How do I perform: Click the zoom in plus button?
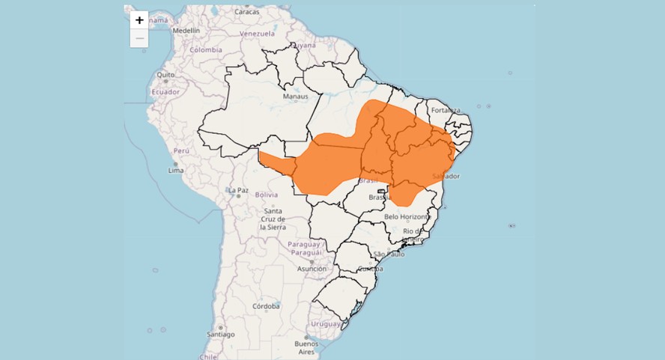(x=139, y=20)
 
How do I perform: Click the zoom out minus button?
(x=139, y=38)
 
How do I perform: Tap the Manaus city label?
(x=295, y=97)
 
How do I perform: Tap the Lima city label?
(x=176, y=170)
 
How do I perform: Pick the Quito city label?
(x=166, y=75)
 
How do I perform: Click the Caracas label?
(x=246, y=12)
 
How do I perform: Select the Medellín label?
(x=186, y=31)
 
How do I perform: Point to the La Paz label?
(x=238, y=190)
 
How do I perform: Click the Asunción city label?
(x=312, y=269)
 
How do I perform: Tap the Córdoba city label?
(x=266, y=306)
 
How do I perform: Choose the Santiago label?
(x=221, y=335)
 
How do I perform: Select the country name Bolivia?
(x=267, y=195)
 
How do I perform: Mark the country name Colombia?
(x=205, y=49)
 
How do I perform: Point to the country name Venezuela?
(x=257, y=34)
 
